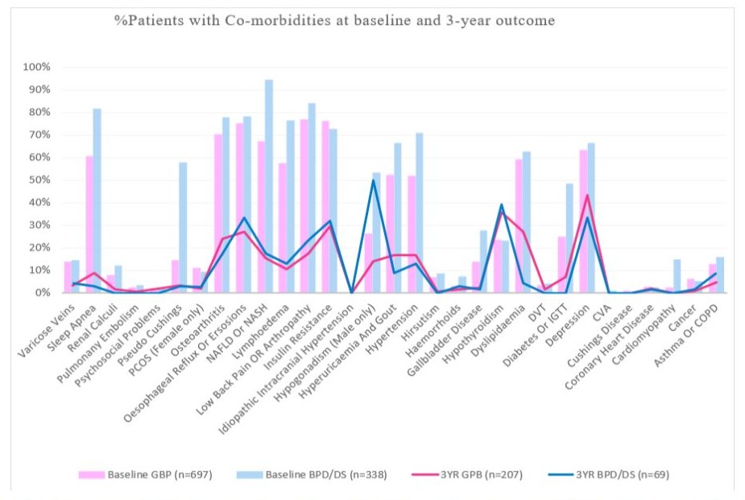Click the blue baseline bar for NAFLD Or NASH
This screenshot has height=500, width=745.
pos(268,186)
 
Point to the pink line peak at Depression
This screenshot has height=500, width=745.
pos(588,195)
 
